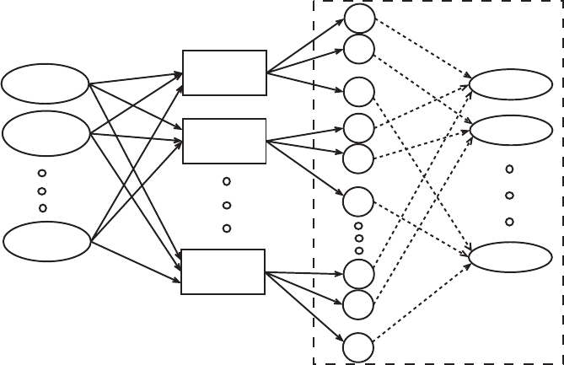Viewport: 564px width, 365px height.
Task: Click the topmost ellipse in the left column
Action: point(46,83)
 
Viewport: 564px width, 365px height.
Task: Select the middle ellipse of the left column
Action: point(46,133)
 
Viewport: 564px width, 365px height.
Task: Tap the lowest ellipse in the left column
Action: point(47,242)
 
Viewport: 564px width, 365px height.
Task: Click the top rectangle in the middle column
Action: point(224,72)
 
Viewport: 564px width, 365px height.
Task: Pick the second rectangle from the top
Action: point(224,141)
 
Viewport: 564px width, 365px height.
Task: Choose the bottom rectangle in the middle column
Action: point(223,271)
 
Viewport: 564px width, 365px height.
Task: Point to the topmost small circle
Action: point(358,19)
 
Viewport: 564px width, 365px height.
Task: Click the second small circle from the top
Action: point(358,49)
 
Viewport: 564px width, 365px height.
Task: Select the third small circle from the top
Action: point(358,92)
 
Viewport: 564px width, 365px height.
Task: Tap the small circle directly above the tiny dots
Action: point(357,201)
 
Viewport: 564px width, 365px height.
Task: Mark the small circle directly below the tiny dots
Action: point(358,274)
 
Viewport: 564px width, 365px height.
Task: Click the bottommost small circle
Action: point(358,347)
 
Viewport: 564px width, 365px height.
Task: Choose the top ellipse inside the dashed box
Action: point(510,84)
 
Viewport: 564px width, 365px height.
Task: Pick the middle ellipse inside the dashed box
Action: point(511,130)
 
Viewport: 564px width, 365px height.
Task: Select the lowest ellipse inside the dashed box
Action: point(510,256)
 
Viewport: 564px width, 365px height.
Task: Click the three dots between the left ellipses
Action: point(42,191)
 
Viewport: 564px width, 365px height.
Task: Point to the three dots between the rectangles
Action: point(226,205)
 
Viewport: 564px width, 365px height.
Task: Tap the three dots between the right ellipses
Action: point(509,196)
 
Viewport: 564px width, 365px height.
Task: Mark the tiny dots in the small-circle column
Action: point(358,239)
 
